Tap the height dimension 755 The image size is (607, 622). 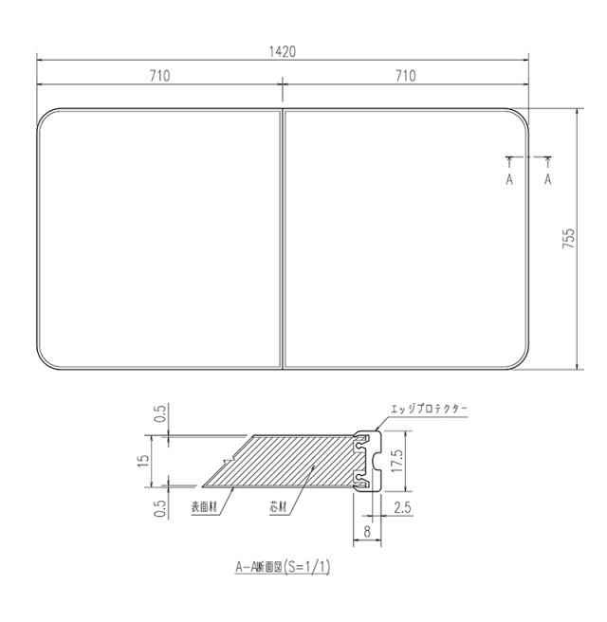(x=567, y=239)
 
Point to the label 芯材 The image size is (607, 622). (x=279, y=508)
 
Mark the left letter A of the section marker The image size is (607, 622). (x=509, y=178)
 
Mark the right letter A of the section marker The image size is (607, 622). (x=548, y=178)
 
